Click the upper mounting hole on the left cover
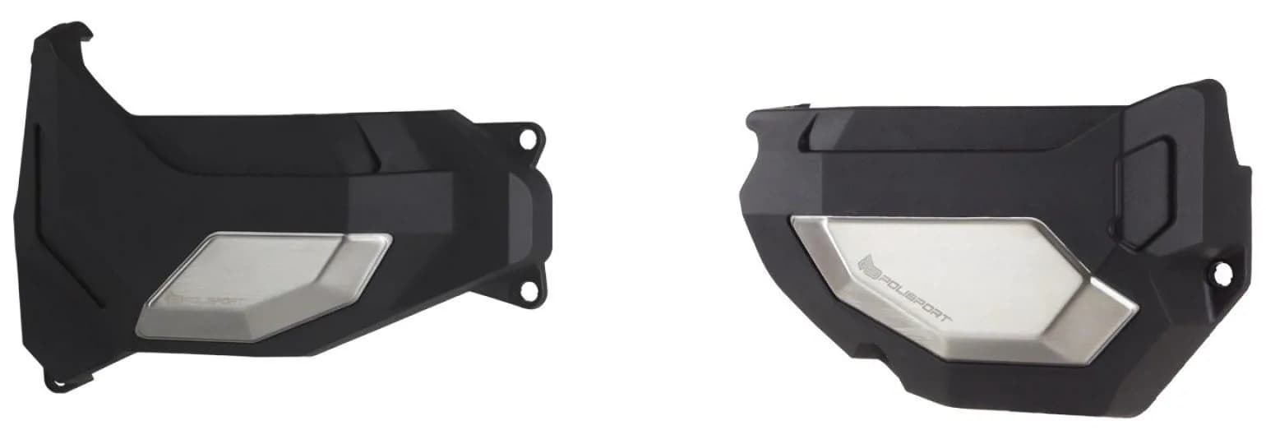[525, 140]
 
